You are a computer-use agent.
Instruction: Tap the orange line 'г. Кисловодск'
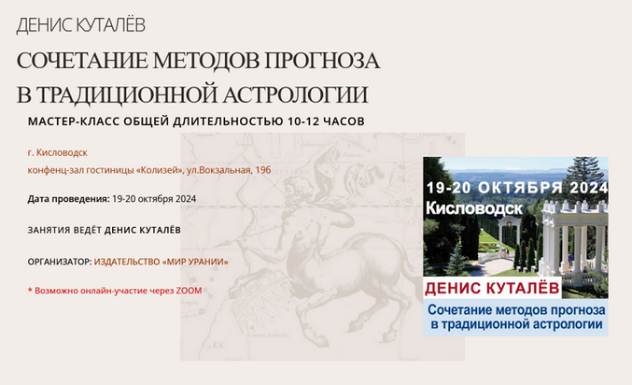click(x=57, y=152)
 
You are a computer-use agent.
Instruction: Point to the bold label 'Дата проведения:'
click(x=68, y=198)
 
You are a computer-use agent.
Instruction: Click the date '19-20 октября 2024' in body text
click(x=153, y=198)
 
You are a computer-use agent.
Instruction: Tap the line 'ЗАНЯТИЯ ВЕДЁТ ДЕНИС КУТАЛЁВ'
click(x=104, y=230)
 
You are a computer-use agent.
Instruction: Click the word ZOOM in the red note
click(x=189, y=291)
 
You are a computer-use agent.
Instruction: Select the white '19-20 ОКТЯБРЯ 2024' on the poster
click(x=515, y=187)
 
